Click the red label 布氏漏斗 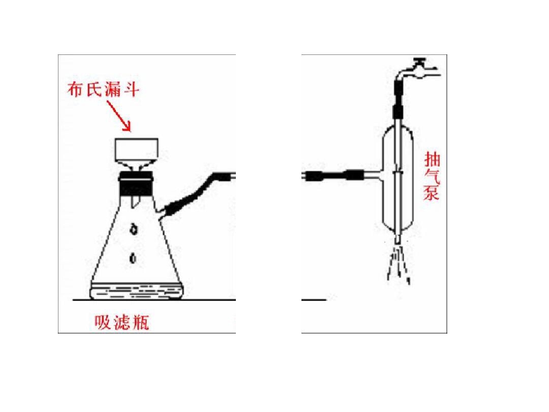pyautogui.click(x=103, y=90)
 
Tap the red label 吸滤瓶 pyautogui.click(x=122, y=322)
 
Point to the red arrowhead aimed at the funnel pyautogui.click(x=126, y=126)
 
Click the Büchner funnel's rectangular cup pyautogui.click(x=137, y=150)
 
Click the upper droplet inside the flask pyautogui.click(x=133, y=229)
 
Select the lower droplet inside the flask pyautogui.click(x=133, y=258)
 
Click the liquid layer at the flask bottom pyautogui.click(x=137, y=291)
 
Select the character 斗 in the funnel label pyautogui.click(x=131, y=90)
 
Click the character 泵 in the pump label pyautogui.click(x=432, y=193)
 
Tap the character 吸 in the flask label pyautogui.click(x=103, y=322)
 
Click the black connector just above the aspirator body pyautogui.click(x=398, y=111)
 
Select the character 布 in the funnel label pyautogui.click(x=76, y=90)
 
